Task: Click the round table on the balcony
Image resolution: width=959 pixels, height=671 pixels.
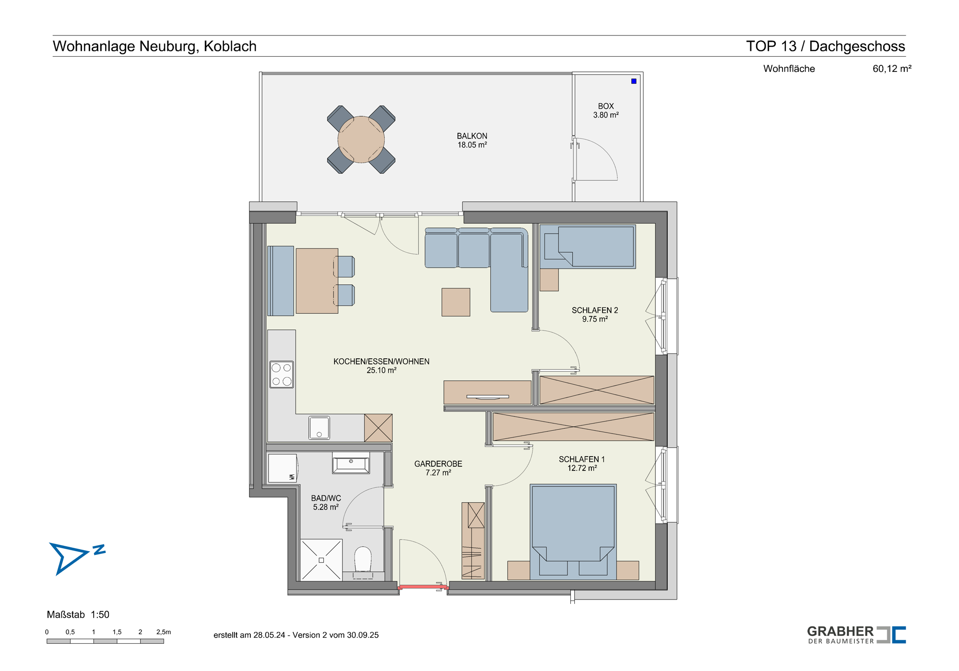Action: click(361, 140)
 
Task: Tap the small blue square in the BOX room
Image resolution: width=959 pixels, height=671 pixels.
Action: click(633, 81)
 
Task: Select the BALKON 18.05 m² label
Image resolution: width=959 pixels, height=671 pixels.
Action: click(472, 141)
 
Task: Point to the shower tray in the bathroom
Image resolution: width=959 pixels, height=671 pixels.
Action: click(321, 560)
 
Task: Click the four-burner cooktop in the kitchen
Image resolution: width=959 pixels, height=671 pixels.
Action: click(282, 374)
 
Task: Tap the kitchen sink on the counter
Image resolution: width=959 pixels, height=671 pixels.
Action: click(319, 428)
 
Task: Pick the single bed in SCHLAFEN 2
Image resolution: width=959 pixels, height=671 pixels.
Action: click(588, 247)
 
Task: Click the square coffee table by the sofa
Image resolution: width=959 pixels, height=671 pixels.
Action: click(456, 302)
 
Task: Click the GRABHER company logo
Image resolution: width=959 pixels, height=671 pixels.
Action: click(856, 635)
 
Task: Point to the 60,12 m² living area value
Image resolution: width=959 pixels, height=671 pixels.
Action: click(892, 69)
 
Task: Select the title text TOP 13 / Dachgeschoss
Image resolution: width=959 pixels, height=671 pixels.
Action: click(825, 46)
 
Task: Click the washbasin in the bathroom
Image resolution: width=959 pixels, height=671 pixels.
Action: click(351, 463)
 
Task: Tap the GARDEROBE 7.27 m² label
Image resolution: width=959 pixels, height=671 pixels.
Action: click(438, 468)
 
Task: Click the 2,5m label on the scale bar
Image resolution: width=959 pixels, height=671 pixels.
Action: click(164, 632)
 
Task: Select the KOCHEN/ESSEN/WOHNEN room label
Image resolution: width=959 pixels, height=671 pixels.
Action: click(381, 365)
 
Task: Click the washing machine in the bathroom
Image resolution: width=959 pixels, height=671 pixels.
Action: click(283, 468)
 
